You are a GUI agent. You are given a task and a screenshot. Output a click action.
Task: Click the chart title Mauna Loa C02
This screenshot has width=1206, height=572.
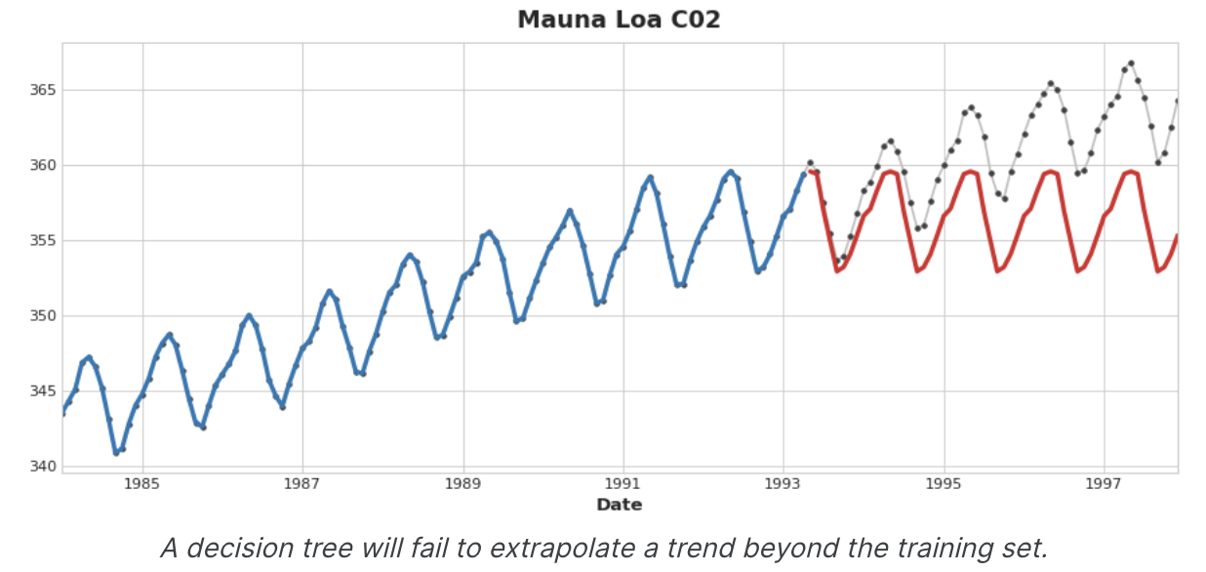click(619, 20)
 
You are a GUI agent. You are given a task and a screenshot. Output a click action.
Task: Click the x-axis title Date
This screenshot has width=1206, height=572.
click(619, 505)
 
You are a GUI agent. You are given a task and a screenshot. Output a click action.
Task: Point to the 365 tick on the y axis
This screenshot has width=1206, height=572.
click(42, 90)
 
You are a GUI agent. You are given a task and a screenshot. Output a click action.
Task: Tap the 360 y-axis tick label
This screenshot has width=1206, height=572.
click(42, 165)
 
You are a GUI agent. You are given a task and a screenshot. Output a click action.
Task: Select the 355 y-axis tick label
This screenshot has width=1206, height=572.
click(42, 240)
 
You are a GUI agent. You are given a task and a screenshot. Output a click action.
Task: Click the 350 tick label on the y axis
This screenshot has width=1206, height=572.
click(42, 315)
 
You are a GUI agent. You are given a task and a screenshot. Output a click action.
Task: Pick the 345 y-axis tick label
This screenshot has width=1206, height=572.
click(42, 391)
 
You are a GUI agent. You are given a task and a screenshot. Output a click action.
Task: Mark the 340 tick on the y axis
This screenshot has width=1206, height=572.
click(42, 467)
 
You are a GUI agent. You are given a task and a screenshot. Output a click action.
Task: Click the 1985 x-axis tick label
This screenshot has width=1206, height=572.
click(142, 483)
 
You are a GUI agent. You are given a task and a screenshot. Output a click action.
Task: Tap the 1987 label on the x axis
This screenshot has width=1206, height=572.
click(302, 483)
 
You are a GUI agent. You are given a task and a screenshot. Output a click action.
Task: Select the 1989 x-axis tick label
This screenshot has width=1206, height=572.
click(463, 483)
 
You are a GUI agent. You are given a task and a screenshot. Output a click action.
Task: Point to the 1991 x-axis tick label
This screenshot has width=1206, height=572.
click(623, 483)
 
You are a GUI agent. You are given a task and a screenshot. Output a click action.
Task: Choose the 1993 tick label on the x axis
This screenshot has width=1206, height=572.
click(784, 483)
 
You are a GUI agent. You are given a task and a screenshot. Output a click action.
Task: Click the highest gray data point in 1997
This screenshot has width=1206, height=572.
click(1131, 63)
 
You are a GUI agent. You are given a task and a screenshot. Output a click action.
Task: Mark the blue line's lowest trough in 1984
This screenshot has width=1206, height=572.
click(116, 453)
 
